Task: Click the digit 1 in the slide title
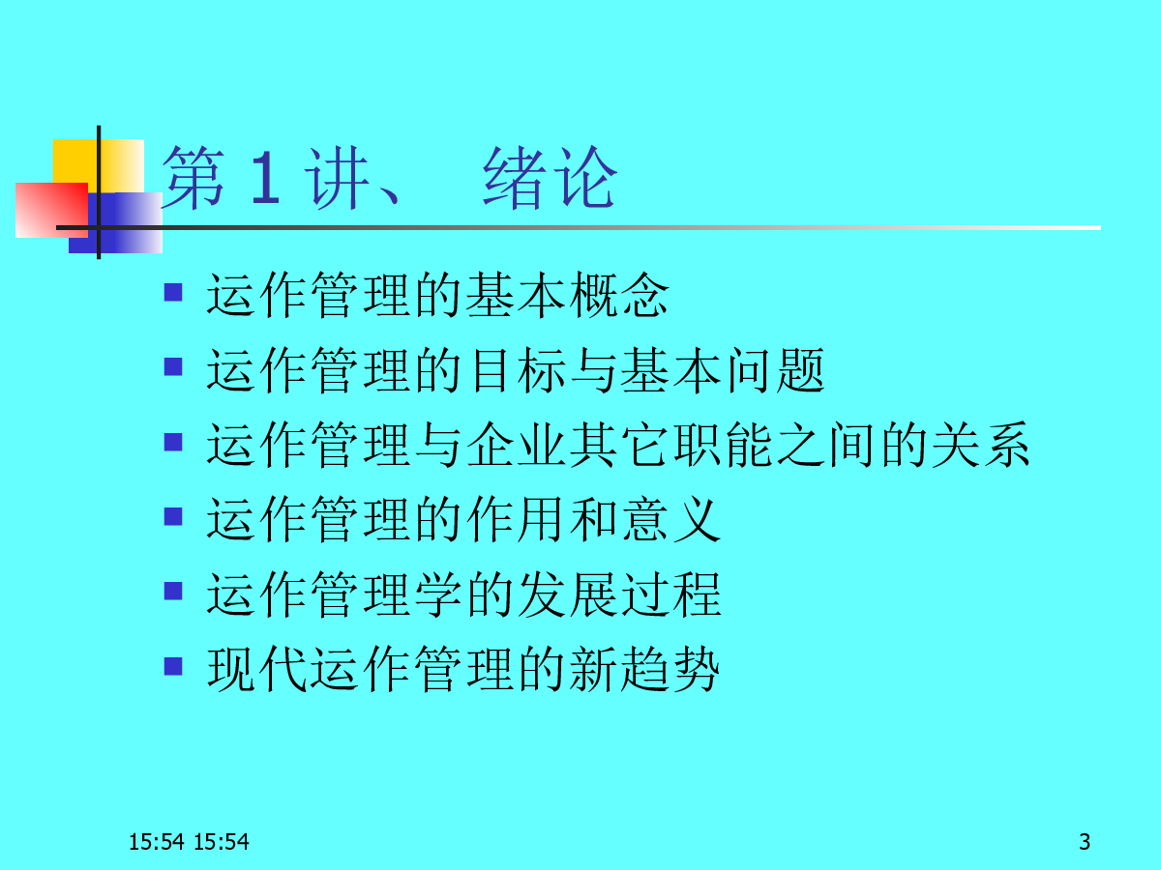[x=265, y=177]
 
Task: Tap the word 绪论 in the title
[x=551, y=178]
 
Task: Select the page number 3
[x=1085, y=842]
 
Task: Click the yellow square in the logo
[x=99, y=166]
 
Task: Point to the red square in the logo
[x=52, y=210]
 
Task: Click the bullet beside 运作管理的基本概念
[x=173, y=292]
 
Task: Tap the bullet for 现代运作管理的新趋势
[x=173, y=666]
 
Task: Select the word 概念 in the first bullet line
[x=619, y=295]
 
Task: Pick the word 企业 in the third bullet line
[x=517, y=445]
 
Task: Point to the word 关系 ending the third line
[x=981, y=445]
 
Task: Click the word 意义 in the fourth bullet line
[x=671, y=519]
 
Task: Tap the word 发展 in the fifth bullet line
[x=568, y=594]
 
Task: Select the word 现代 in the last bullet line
[x=256, y=669]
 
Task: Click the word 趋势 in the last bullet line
[x=670, y=669]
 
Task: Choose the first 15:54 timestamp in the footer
[x=157, y=842]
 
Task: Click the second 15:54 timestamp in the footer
[x=222, y=842]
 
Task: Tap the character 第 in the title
[x=194, y=178]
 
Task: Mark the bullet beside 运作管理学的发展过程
[x=173, y=591]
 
